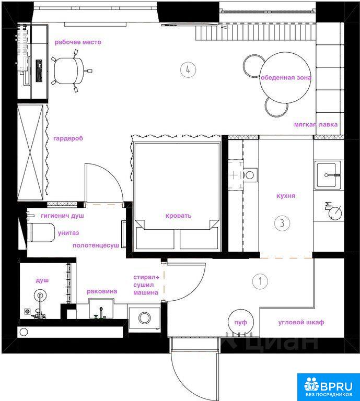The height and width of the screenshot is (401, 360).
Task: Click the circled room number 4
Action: tap(188, 69)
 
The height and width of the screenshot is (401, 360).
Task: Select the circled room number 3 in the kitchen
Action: tap(282, 223)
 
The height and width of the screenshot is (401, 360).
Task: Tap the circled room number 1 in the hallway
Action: tap(260, 281)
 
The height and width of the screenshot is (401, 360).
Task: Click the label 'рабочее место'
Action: tap(78, 42)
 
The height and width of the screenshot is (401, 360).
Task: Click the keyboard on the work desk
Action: tap(39, 71)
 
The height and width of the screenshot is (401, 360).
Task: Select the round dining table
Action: tap(285, 77)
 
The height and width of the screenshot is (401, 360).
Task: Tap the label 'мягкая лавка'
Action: tap(316, 125)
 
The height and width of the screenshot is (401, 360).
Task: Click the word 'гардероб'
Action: tap(68, 138)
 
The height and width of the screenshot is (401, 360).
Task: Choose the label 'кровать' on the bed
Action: tap(178, 216)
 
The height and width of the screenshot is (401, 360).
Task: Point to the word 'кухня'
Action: tap(286, 196)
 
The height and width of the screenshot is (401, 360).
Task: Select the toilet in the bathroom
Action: tap(41, 232)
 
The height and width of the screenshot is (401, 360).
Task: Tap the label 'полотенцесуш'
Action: tap(96, 245)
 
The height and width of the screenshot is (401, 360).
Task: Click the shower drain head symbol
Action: tap(40, 295)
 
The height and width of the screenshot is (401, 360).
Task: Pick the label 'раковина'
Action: tap(102, 291)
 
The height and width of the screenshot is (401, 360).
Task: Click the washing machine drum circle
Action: tap(145, 318)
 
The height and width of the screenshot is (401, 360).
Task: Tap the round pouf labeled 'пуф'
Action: tap(241, 322)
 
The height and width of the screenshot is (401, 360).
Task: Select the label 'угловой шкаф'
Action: tap(301, 322)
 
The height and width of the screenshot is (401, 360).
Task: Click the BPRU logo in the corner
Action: tap(328, 387)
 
